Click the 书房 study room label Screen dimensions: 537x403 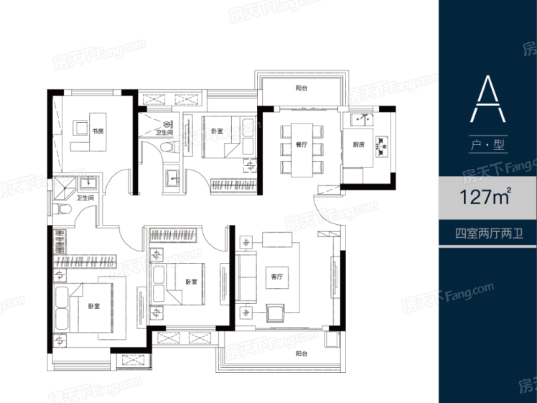click(x=98, y=131)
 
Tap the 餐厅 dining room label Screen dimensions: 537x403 click(x=302, y=144)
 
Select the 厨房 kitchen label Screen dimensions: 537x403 click(x=358, y=144)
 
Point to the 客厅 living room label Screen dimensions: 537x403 click(x=277, y=277)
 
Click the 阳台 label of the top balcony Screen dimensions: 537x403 click(x=302, y=88)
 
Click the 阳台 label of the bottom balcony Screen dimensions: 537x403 click(x=302, y=353)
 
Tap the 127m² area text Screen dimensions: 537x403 click(x=485, y=196)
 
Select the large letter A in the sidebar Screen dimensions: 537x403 click(x=487, y=99)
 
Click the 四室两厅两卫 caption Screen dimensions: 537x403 click(x=489, y=233)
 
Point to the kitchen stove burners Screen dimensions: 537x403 click(x=381, y=147)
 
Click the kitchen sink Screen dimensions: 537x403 click(x=362, y=119)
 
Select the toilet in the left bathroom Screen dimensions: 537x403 click(x=62, y=209)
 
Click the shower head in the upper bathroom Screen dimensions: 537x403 click(x=168, y=124)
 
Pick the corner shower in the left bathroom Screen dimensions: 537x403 click(x=64, y=188)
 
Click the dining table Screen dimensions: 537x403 click(x=302, y=150)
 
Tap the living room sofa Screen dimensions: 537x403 click(x=246, y=277)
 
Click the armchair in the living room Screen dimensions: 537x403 click(x=275, y=313)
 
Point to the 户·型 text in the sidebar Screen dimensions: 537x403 click(x=487, y=145)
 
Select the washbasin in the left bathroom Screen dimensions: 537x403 click(x=88, y=184)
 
